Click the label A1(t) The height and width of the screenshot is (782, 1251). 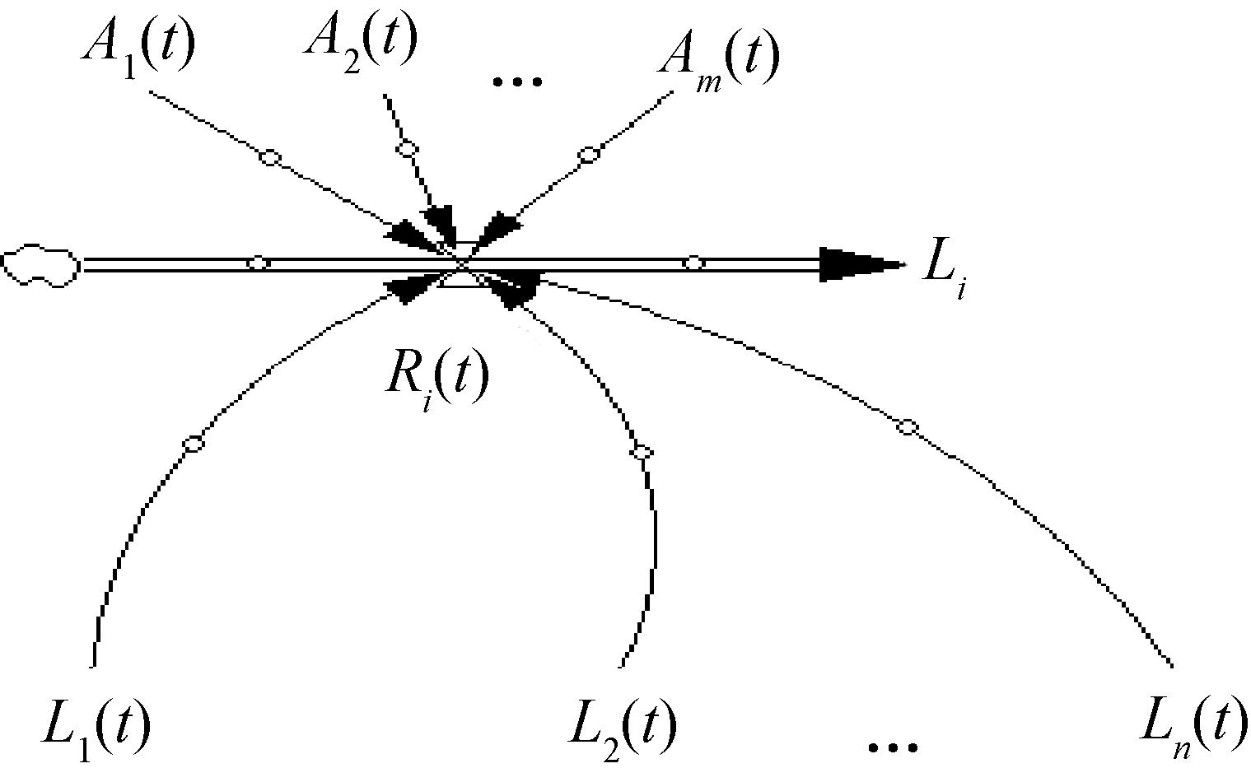coord(139,50)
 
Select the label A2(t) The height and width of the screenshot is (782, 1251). coord(361,45)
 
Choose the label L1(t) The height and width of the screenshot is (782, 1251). coord(96,729)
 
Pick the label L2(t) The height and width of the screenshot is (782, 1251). coord(622,729)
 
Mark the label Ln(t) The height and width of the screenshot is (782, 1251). coord(1193,729)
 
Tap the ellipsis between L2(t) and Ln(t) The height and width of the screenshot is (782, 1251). coord(893,747)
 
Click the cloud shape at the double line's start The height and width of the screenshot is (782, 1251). coord(41,265)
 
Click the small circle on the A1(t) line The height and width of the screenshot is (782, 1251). coord(270,158)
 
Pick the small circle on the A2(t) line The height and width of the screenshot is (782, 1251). coord(407,150)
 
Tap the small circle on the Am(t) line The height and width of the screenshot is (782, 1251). coord(588,155)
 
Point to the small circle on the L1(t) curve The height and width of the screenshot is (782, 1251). coord(194,444)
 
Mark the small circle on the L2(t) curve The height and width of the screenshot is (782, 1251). coord(642,452)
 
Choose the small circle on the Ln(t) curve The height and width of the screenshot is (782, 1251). coord(908,427)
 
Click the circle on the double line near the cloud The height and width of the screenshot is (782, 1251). coord(258,263)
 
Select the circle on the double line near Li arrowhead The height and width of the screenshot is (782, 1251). coord(693,263)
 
